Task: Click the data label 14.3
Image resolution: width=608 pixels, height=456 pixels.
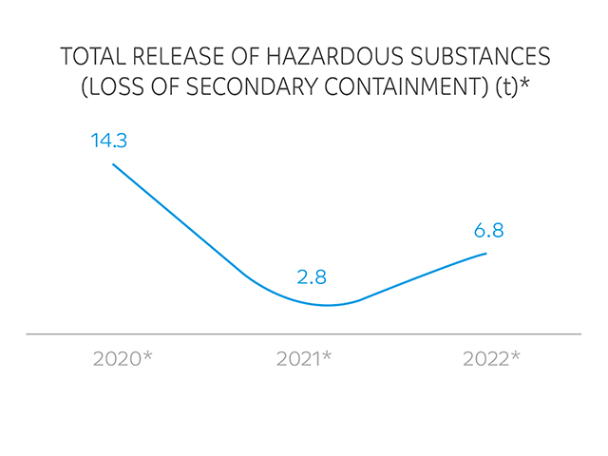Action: coord(109,142)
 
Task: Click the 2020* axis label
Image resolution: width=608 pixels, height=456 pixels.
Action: coord(123,359)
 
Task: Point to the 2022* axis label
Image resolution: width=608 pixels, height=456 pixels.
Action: coord(491,359)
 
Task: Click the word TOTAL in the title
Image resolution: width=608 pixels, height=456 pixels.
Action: coord(91,56)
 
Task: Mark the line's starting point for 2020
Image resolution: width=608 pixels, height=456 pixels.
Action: coord(113,164)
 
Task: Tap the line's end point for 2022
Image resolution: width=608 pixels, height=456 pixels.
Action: coord(486,253)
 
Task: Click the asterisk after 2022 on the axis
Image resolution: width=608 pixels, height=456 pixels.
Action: coord(516,356)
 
